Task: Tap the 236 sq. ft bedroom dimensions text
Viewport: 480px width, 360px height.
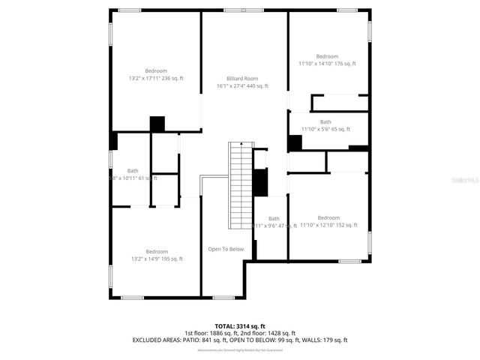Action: (x=157, y=78)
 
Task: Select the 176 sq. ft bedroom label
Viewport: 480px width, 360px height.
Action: (x=327, y=56)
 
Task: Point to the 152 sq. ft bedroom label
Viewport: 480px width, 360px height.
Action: (x=328, y=217)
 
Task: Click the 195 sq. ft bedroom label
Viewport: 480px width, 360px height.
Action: (x=157, y=251)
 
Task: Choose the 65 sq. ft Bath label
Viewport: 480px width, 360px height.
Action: (x=325, y=121)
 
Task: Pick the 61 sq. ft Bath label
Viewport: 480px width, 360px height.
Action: (x=133, y=171)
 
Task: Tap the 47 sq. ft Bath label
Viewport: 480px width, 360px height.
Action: (x=274, y=219)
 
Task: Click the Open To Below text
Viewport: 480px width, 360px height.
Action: (x=226, y=249)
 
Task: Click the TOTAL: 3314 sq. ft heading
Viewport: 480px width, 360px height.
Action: (x=239, y=325)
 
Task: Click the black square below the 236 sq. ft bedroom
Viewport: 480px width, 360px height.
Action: (x=157, y=124)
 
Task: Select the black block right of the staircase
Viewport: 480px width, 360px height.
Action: (x=260, y=182)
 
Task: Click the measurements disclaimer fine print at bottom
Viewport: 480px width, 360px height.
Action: (x=239, y=350)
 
